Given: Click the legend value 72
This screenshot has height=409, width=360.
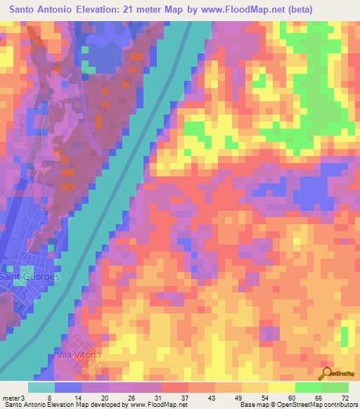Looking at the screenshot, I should click(345, 398).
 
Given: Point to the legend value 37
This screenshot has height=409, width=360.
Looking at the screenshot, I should click(184, 398).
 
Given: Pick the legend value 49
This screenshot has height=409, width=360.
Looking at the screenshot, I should click(237, 398).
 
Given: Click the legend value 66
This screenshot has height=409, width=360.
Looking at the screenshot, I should click(319, 398).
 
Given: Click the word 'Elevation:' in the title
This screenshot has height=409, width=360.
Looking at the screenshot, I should click(117, 9).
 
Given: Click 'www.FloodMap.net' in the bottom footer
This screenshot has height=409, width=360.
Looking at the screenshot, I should click(154, 405).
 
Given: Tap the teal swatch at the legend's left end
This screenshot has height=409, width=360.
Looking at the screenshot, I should click(41, 387).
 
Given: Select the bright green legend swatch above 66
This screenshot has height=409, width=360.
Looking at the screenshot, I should click(308, 387).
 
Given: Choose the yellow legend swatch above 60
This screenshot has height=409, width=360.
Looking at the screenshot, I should click(281, 387).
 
